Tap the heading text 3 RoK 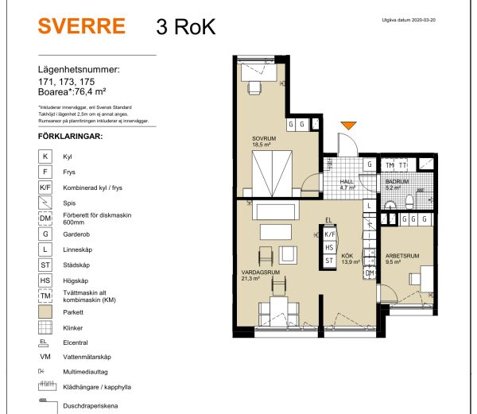point(180,26)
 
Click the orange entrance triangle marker point(349,126)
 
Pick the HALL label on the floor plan point(347,182)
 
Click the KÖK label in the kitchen point(347,255)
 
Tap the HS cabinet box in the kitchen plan point(329,248)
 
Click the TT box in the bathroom point(403,165)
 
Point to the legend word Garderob point(76,234)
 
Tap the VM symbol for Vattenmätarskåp point(45,358)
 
